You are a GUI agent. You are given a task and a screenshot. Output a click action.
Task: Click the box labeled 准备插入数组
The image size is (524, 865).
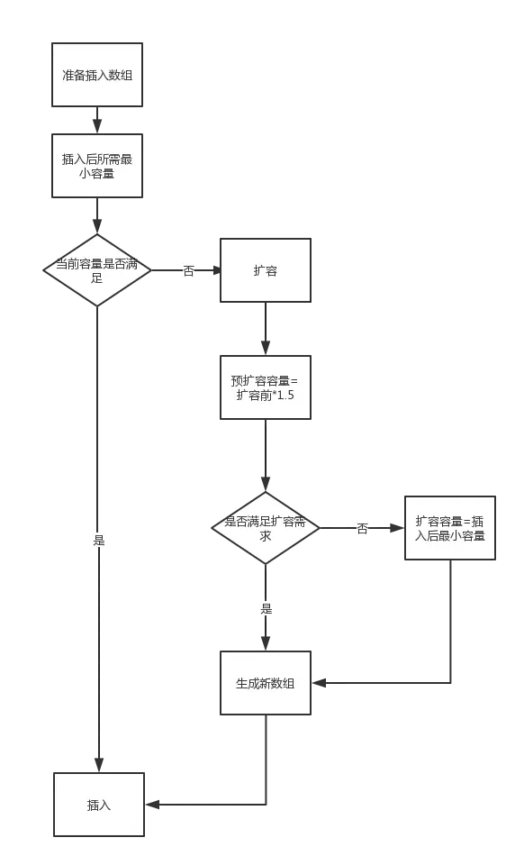click(x=96, y=75)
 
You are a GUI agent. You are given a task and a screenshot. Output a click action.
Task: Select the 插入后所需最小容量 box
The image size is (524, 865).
click(x=96, y=166)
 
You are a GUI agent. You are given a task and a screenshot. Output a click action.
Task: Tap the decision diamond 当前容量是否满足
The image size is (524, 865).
click(x=97, y=269)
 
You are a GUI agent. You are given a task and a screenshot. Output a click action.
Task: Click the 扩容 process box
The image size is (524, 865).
click(x=265, y=270)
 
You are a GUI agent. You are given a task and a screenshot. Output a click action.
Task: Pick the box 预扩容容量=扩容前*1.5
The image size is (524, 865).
click(x=265, y=387)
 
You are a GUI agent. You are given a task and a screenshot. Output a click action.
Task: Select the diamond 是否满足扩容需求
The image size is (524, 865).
click(x=266, y=528)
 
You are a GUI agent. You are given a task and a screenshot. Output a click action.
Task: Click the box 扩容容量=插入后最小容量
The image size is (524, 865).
click(x=449, y=528)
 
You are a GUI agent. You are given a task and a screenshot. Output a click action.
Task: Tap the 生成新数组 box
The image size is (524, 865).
click(x=265, y=683)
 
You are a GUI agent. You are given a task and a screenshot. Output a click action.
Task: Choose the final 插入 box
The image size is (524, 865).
click(x=98, y=805)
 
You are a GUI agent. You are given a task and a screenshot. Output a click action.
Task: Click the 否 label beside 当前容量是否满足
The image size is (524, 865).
click(x=187, y=270)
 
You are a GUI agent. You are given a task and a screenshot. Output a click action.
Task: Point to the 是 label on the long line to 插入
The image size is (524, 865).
click(x=98, y=539)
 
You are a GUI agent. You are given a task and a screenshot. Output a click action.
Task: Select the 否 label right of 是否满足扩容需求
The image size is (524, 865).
click(x=362, y=529)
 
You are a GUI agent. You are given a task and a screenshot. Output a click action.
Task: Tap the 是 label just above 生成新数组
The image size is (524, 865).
click(x=266, y=608)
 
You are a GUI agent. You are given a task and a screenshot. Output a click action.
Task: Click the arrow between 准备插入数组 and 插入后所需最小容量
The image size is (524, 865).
click(x=96, y=120)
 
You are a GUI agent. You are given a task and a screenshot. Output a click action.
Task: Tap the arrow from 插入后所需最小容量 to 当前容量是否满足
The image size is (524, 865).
click(x=96, y=217)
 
